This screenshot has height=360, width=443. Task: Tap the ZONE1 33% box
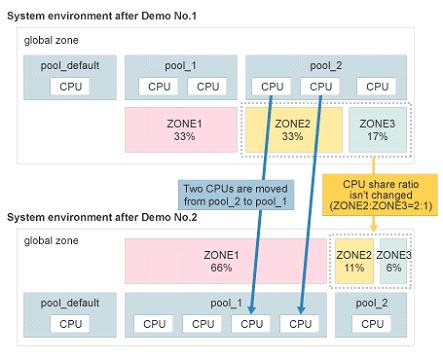pyautogui.click(x=179, y=130)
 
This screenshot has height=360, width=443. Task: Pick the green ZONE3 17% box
pyautogui.click(x=377, y=130)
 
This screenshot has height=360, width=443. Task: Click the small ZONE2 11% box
pyautogui.click(x=353, y=261)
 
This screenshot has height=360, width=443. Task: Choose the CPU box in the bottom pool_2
pyautogui.click(x=373, y=323)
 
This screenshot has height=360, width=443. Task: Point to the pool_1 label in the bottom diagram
pyautogui.click(x=227, y=302)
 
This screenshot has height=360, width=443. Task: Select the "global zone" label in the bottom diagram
pyautogui.click(x=51, y=241)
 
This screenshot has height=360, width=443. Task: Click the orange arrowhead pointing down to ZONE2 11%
pyautogui.click(x=373, y=228)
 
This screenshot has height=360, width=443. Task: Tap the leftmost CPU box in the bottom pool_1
pyautogui.click(x=154, y=323)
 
